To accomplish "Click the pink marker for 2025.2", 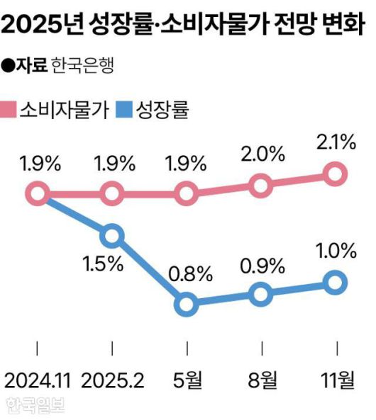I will point(112,192).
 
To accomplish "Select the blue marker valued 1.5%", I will point(112,235).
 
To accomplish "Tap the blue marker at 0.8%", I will point(186,304).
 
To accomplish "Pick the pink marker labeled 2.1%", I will point(336,173).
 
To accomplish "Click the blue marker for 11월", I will point(336,283).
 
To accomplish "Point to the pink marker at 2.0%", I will point(261,186).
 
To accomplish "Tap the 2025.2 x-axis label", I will point(112,381).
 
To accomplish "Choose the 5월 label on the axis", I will point(186,381).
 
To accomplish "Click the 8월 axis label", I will point(261,381).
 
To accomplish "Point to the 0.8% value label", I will point(186,273).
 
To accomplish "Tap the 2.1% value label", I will point(336,142).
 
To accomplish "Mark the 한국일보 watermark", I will point(35,406).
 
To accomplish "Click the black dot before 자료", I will point(9,67).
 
